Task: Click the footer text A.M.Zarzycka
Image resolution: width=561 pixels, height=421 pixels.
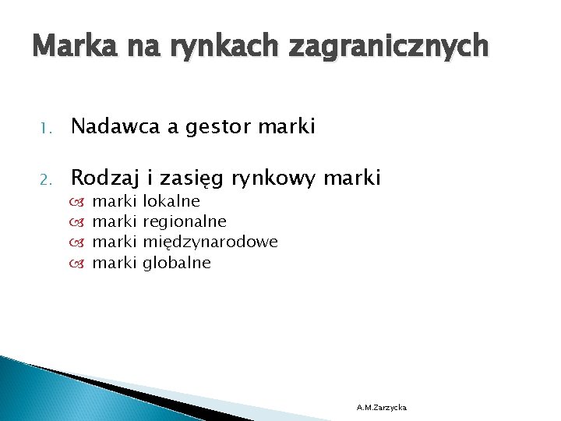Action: coord(381,407)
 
